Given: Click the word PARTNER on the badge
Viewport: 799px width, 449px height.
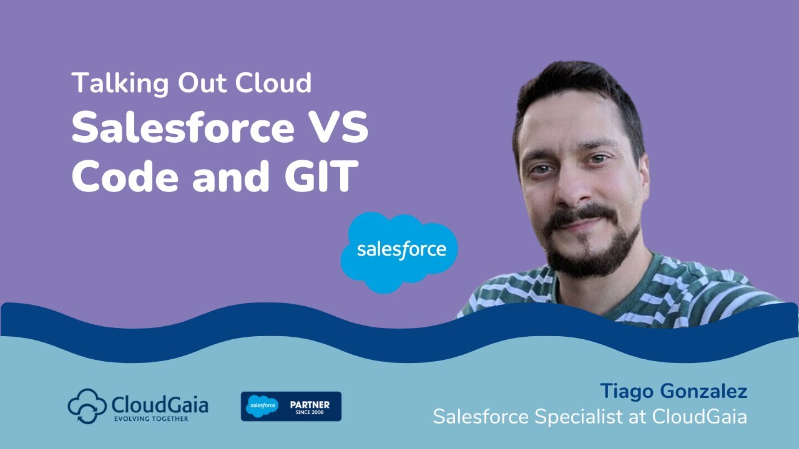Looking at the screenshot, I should click(310, 405).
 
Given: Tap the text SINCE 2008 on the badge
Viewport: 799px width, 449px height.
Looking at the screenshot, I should click(310, 413).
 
